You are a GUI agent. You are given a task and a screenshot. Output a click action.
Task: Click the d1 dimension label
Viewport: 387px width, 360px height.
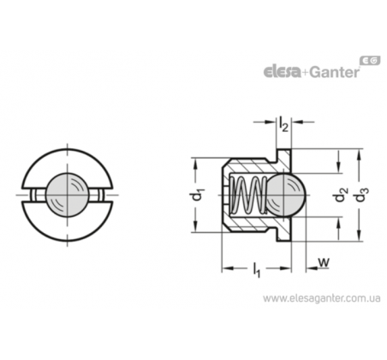[197, 195]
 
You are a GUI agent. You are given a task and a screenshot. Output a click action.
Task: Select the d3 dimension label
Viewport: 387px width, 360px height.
[362, 195]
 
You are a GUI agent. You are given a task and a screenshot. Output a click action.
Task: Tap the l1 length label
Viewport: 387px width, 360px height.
[257, 270]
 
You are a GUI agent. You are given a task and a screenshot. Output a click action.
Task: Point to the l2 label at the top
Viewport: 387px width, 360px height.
[283, 124]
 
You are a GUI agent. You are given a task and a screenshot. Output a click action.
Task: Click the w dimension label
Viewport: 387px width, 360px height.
[324, 262]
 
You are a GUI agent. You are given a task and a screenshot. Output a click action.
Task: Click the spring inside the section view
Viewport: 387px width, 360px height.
[248, 195]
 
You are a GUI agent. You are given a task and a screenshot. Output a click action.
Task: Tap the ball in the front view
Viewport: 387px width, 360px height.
[68, 195]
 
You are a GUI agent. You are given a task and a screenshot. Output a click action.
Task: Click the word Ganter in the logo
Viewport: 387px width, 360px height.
[335, 72]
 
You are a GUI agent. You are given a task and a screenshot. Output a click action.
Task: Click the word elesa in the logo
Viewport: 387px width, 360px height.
[282, 72]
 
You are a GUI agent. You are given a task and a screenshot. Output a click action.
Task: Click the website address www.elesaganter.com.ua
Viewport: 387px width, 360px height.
[322, 298]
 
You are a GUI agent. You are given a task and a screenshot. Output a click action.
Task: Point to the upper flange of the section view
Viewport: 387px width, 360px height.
[283, 157]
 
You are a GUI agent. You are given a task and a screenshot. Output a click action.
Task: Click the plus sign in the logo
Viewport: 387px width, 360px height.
[306, 73]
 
